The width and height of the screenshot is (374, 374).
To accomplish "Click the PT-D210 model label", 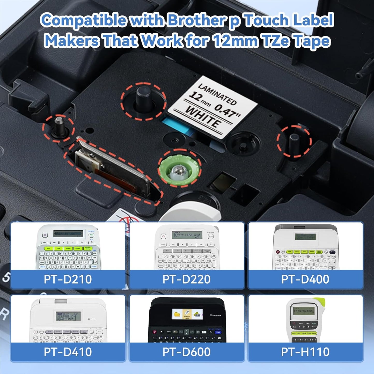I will point(68,279).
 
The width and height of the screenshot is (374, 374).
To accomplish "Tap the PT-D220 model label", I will point(186,279).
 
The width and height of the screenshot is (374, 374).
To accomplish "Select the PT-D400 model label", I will point(305,279).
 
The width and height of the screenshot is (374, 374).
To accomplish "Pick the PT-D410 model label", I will point(68,352).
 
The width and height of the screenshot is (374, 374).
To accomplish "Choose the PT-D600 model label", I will point(186,352).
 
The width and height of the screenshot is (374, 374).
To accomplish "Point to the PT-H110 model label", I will point(305,352).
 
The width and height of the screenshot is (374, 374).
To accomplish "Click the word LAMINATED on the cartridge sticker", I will point(217,94).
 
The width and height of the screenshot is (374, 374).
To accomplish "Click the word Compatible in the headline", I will point(84,20).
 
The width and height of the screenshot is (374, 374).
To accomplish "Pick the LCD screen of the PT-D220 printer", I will point(187,235).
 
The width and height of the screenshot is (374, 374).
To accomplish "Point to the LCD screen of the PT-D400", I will point(306,237).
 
